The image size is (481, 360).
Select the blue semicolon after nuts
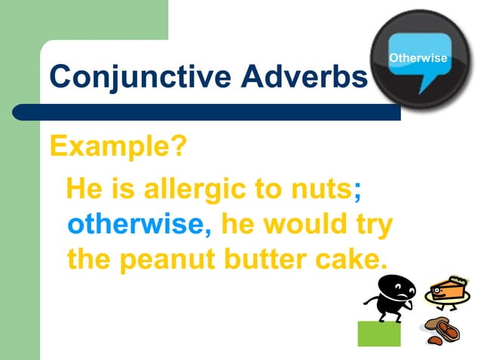point(357,190)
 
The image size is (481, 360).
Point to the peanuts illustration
point(441,329)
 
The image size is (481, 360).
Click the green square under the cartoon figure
point(378,333)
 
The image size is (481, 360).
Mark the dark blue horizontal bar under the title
point(219,112)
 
